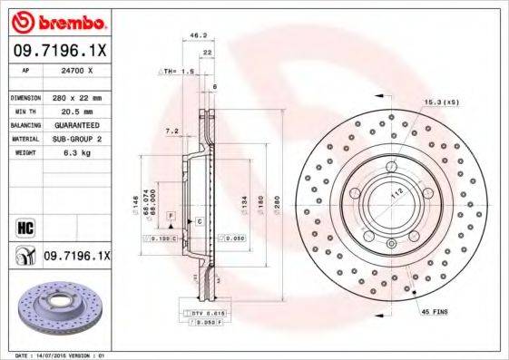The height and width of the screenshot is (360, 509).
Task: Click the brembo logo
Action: (57, 21)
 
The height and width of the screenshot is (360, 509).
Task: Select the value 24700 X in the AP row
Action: (75, 69)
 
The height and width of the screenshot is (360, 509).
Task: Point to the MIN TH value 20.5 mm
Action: (75, 111)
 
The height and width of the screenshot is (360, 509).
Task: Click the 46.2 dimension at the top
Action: (192, 35)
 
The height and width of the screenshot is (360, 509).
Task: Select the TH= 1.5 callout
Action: (178, 71)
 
